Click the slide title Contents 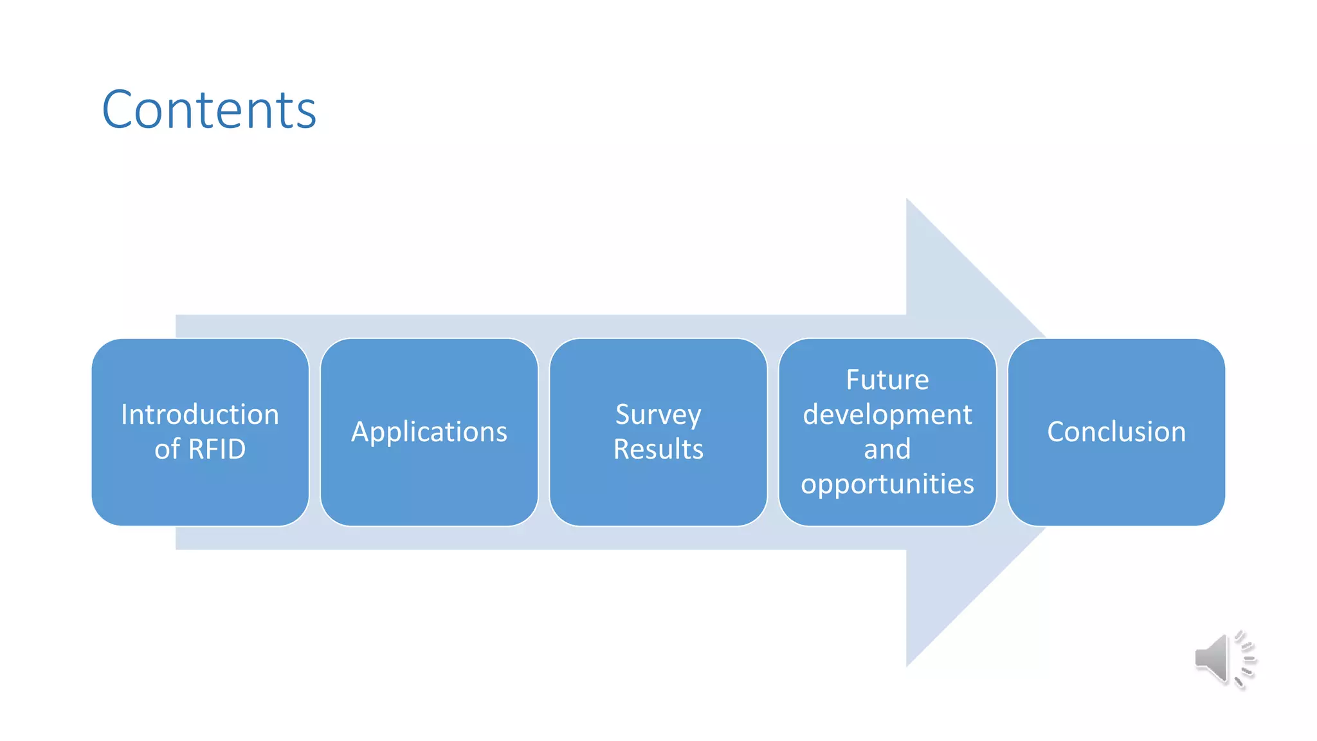coord(209,110)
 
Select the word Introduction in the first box coord(200,415)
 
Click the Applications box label coord(429,432)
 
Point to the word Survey coord(658,415)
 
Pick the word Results coord(658,449)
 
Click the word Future coord(887,380)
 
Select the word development coord(887,415)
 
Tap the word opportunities coord(887,484)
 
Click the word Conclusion coord(1116,432)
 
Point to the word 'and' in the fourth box coord(887,449)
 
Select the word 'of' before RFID coord(167,449)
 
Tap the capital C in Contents coord(122,110)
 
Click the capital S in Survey coord(624,415)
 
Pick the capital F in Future coord(853,380)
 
